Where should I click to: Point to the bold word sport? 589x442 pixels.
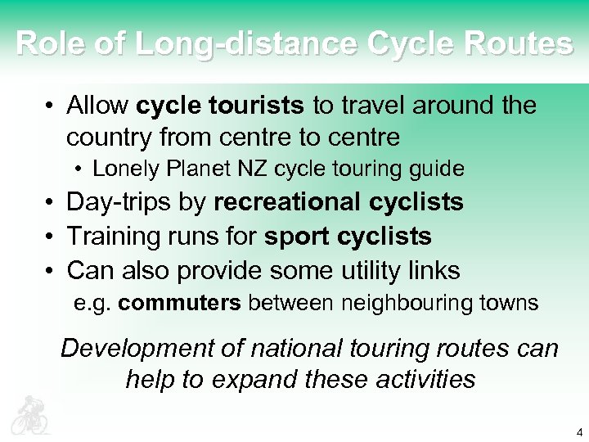[294, 237]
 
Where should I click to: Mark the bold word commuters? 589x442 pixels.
[179, 304]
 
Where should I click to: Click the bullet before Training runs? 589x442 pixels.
[51, 237]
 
